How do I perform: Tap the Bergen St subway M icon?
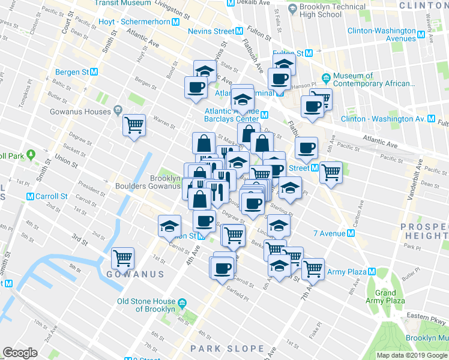pyautogui.click(x=94, y=72)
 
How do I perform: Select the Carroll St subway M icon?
pyautogui.click(x=30, y=196)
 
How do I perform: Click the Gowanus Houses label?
pyautogui.click(x=81, y=112)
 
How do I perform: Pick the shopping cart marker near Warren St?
pyautogui.click(x=134, y=125)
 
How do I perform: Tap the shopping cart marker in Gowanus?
pyautogui.click(x=123, y=258)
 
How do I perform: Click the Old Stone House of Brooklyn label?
pyautogui.click(x=146, y=305)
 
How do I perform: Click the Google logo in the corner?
pyautogui.click(x=20, y=353)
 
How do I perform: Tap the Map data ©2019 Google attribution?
pyautogui.click(x=411, y=355)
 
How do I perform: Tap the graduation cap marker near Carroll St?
pyautogui.click(x=169, y=227)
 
